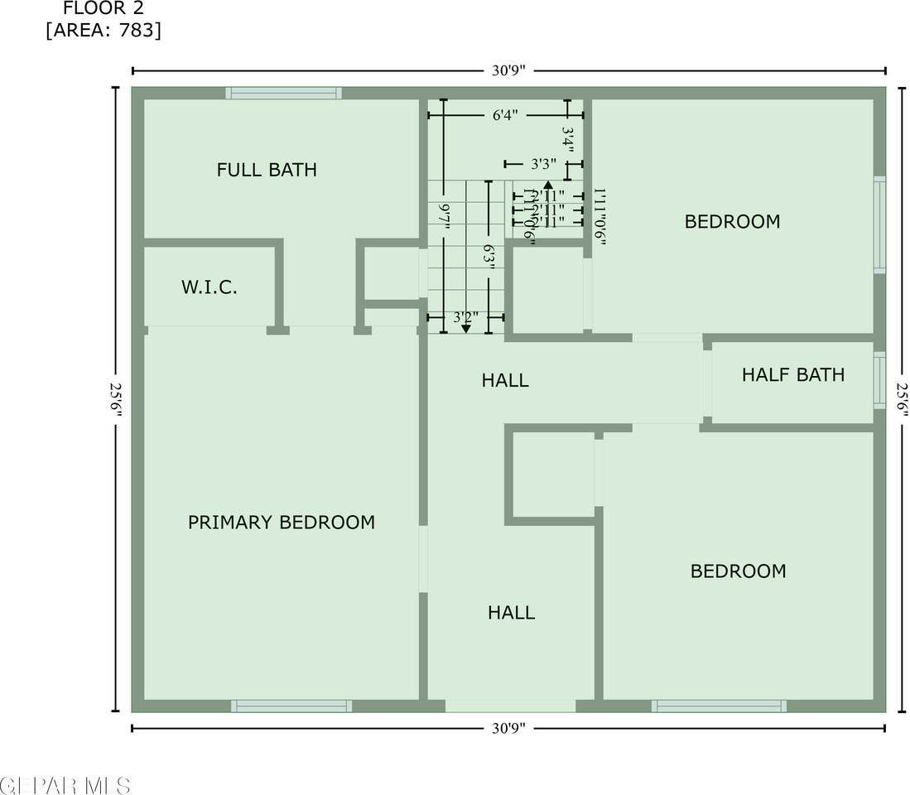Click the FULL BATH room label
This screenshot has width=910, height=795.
(267, 170)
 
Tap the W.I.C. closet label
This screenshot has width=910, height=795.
(209, 288)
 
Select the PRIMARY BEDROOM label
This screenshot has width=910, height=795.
(282, 523)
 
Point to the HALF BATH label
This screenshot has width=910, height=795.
(792, 374)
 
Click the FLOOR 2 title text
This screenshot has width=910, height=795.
(104, 9)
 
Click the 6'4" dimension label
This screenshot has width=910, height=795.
(504, 115)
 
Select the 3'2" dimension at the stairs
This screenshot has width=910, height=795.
(465, 316)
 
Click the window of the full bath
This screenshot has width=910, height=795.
(284, 93)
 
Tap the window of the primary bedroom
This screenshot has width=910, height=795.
(291, 706)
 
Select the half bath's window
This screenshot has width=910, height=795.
(879, 381)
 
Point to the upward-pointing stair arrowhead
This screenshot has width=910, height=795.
(547, 186)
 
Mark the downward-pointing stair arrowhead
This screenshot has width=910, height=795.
(465, 329)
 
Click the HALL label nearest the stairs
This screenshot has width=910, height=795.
(505, 381)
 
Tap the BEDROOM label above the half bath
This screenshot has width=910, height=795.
(732, 222)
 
